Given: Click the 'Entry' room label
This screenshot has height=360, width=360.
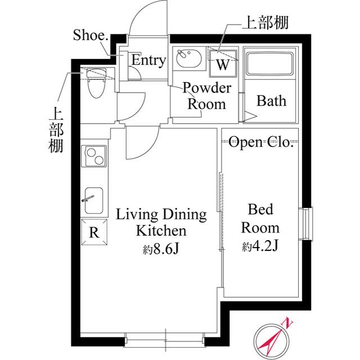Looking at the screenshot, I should (x=148, y=61).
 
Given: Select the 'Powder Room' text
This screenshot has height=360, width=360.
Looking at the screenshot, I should (x=207, y=96).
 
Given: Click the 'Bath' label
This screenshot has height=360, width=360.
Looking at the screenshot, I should (x=271, y=101).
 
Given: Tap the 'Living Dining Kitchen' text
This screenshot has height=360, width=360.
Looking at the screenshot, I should (x=161, y=222).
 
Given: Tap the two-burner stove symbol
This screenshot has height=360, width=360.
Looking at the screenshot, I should (x=94, y=155).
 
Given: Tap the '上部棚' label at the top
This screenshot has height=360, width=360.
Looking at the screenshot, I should (x=265, y=23).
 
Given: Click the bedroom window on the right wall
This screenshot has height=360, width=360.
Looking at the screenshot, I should (x=307, y=225).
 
